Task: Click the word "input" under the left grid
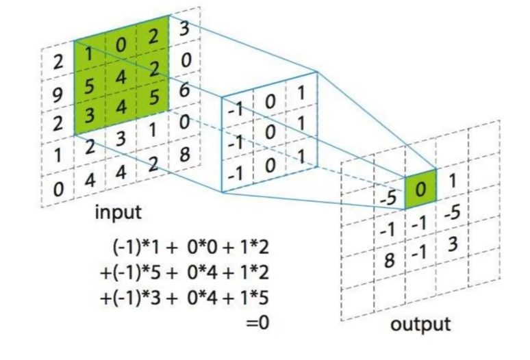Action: (118, 212)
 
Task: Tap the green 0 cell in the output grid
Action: (420, 186)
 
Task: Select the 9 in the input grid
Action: (58, 92)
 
